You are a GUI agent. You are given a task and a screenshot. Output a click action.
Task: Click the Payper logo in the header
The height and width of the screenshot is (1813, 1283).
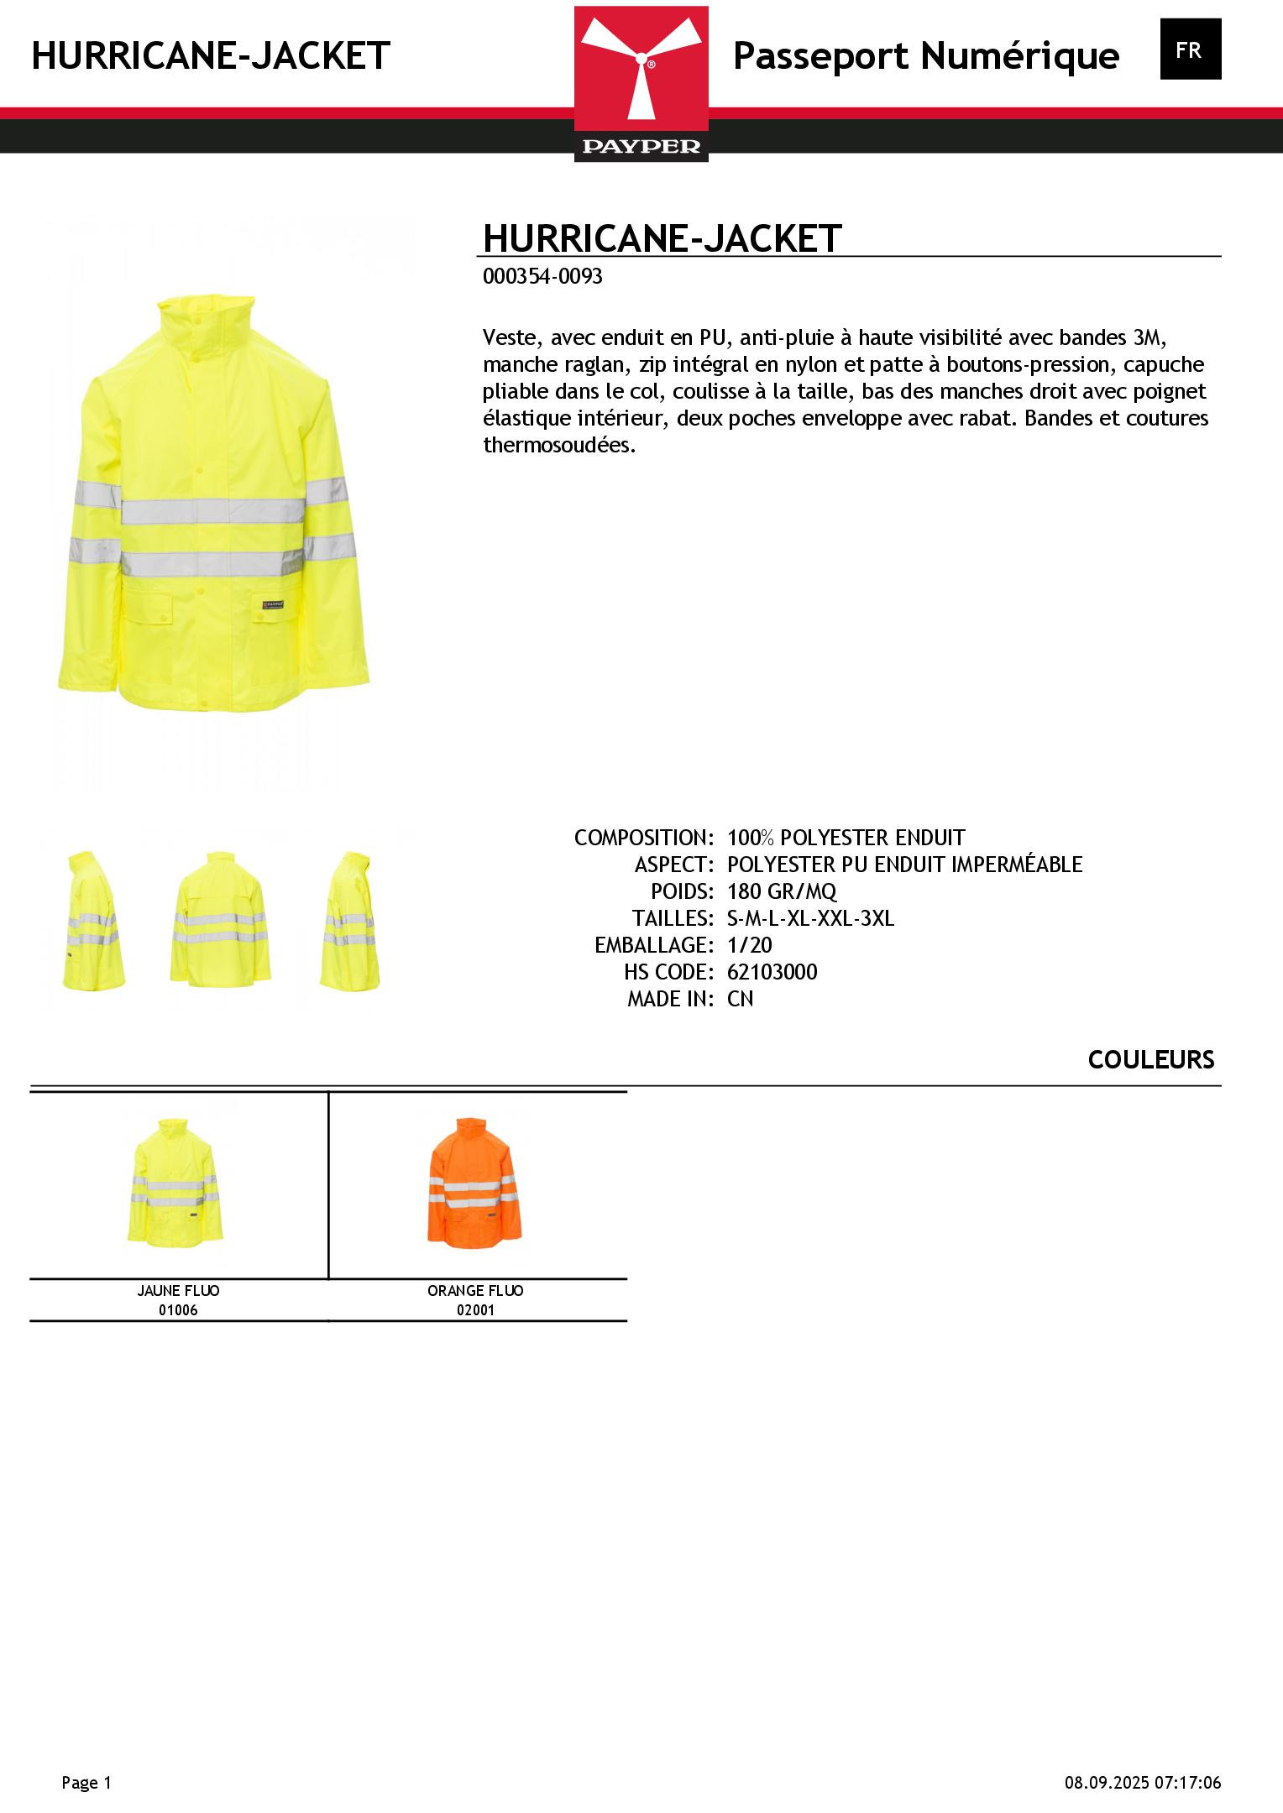point(641,83)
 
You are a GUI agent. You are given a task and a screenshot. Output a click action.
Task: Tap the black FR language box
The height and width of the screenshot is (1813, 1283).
point(1190,50)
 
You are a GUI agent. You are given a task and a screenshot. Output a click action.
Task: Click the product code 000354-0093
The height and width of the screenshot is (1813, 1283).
point(542,277)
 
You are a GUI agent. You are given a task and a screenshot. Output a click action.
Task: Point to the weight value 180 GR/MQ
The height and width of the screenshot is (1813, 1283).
point(782,891)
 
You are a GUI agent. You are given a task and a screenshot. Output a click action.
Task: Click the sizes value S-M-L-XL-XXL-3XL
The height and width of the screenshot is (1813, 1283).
point(810,918)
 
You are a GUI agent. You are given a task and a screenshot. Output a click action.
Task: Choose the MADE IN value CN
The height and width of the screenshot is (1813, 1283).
point(740,999)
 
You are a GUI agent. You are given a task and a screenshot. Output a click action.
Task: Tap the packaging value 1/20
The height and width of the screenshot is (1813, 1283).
point(749,945)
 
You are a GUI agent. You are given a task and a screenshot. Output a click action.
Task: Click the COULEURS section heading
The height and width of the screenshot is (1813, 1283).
point(1150,1060)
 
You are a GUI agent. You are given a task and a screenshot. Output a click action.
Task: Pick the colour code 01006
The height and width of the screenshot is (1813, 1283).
point(178,1310)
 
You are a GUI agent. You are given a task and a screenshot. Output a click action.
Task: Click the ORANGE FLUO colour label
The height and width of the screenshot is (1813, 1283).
point(475,1291)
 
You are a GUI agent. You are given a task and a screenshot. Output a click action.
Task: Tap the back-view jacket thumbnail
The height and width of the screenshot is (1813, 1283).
point(220,919)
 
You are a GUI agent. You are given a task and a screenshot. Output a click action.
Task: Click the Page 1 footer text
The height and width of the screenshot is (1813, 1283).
point(86,1783)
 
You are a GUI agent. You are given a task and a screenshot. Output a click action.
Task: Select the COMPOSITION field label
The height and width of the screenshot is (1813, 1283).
point(643,838)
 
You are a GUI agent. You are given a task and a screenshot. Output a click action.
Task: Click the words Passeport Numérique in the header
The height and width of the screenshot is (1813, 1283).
point(925,56)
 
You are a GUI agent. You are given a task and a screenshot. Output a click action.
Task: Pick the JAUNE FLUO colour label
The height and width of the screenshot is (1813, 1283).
point(178,1291)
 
